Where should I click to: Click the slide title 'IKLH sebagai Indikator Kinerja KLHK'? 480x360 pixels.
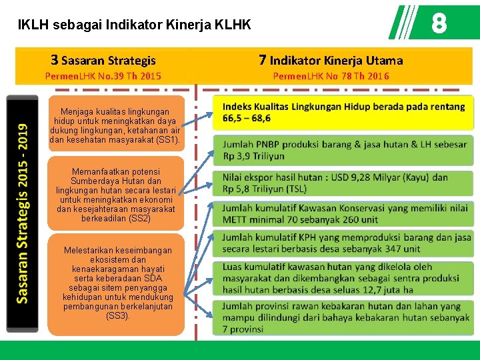pyautogui.click(x=135, y=25)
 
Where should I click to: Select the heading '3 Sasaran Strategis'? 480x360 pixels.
pyautogui.click(x=103, y=61)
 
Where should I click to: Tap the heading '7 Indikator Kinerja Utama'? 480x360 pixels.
pyautogui.click(x=331, y=61)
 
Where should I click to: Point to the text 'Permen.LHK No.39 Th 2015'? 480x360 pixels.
pyautogui.click(x=103, y=76)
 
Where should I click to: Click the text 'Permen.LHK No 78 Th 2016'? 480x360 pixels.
pyautogui.click(x=331, y=76)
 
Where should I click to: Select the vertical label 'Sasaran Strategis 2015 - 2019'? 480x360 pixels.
pyautogui.click(x=23, y=213)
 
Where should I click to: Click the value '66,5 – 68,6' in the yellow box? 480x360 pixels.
pyautogui.click(x=247, y=119)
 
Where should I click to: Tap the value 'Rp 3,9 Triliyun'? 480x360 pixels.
pyautogui.click(x=254, y=156)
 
